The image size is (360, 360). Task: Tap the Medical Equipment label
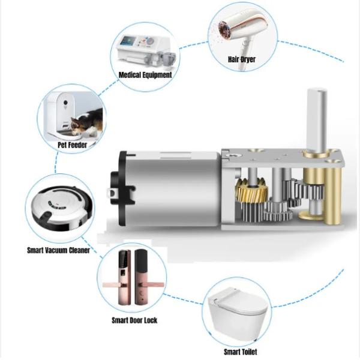(145, 75)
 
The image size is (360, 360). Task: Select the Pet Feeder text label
(73, 145)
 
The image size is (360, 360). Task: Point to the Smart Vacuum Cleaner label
(58, 250)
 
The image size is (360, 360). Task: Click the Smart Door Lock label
(134, 320)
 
